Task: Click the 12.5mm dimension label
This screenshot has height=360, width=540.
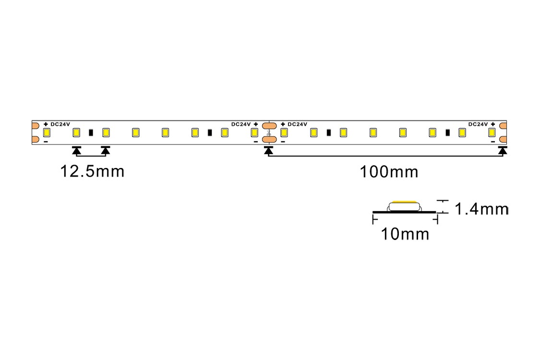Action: (92, 171)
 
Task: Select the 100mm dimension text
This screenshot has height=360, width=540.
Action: (389, 171)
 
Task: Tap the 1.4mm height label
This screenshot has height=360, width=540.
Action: (481, 209)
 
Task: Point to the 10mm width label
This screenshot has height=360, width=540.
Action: (405, 234)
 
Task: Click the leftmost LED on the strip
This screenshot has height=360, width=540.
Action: (47, 132)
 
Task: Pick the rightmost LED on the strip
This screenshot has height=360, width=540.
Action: (492, 132)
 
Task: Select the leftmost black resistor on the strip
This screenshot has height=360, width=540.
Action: (91, 132)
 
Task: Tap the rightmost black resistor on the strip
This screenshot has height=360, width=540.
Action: (448, 132)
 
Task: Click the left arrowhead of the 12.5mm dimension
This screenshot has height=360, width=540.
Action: (76, 150)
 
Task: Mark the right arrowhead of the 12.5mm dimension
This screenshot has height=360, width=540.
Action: (106, 150)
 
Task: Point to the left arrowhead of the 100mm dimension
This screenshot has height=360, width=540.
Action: (268, 150)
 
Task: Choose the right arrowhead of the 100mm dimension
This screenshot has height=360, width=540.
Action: (503, 150)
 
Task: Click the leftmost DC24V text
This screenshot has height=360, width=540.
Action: (60, 124)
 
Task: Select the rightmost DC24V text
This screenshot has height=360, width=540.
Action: (478, 124)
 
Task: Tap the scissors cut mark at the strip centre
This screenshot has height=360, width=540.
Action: (269, 132)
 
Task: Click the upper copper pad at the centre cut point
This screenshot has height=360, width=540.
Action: (269, 126)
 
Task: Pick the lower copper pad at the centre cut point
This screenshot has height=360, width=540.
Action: (269, 140)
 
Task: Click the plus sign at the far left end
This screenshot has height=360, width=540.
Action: (46, 124)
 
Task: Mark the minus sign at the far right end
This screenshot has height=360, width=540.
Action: (493, 141)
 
